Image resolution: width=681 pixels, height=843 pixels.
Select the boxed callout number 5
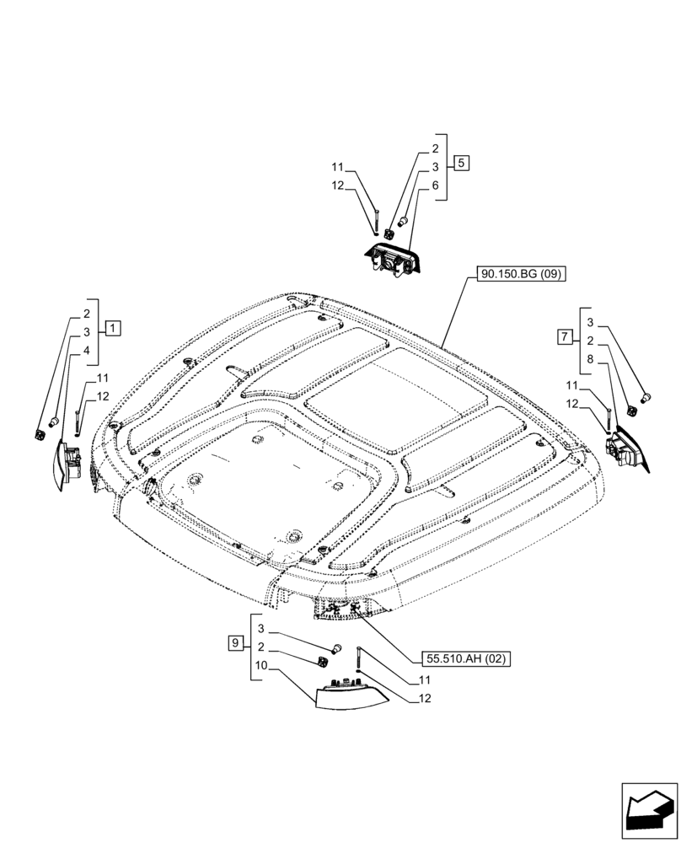[x=460, y=163]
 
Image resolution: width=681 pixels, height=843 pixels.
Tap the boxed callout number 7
[x=564, y=337]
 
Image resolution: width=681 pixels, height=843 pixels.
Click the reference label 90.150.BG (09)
[x=523, y=273]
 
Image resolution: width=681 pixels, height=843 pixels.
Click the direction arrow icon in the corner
[x=649, y=808]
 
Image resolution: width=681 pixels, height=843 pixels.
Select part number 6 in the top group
[x=435, y=185]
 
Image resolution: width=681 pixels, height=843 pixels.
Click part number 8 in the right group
[x=589, y=358]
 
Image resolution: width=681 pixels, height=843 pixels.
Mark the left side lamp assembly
[x=65, y=463]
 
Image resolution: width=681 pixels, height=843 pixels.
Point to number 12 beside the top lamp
[x=337, y=185]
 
